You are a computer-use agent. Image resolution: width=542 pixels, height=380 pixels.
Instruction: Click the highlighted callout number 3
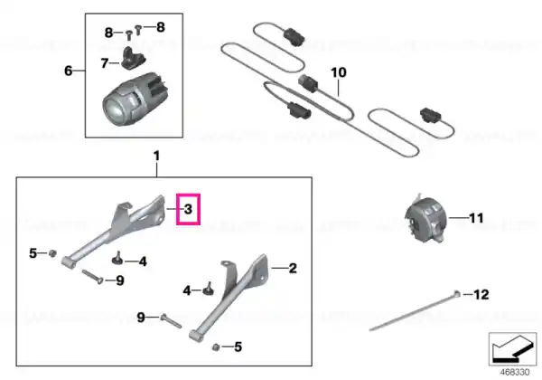click(188, 209)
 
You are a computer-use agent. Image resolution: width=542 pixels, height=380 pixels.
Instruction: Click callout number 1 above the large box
click(157, 157)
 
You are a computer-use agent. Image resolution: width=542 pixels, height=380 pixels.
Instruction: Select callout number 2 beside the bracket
click(293, 268)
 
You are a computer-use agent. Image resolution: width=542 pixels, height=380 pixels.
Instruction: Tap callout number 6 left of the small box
click(69, 71)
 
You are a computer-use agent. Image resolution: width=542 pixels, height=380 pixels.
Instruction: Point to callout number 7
click(105, 63)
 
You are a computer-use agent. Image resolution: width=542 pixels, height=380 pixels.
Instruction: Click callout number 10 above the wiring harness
click(339, 72)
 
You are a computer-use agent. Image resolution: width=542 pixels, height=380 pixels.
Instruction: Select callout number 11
click(476, 218)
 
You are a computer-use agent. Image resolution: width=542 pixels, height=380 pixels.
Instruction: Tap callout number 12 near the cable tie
click(481, 295)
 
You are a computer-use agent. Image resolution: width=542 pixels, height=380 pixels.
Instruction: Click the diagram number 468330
click(515, 373)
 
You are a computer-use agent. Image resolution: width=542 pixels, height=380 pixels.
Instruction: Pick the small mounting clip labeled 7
click(133, 58)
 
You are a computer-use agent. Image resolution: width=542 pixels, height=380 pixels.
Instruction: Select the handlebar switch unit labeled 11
click(425, 219)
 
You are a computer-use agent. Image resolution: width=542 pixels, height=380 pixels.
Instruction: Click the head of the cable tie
click(457, 294)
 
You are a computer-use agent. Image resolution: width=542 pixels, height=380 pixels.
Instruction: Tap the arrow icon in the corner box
click(512, 348)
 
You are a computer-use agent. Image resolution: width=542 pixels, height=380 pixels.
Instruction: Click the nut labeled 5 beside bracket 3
click(52, 253)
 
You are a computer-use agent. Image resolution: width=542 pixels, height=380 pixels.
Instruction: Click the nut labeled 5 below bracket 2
click(216, 347)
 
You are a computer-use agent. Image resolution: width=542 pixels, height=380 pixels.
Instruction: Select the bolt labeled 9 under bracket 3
click(93, 277)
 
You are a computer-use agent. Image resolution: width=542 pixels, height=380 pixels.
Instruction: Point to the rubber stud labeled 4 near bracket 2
click(209, 289)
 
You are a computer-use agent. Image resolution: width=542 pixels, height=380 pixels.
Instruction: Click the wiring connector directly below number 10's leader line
click(308, 83)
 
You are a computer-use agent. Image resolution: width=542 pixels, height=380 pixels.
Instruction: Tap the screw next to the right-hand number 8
click(138, 30)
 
